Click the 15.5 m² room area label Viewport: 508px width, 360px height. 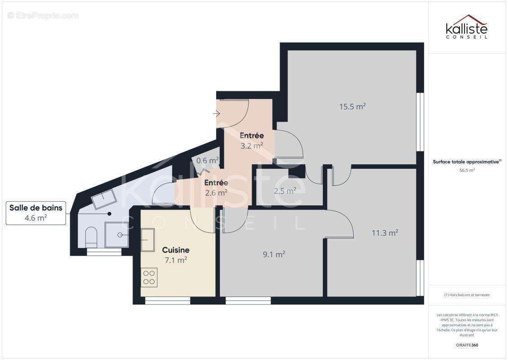coord(352,107)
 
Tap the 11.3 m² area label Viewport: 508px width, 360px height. coord(384,233)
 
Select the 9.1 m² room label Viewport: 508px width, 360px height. coord(274,254)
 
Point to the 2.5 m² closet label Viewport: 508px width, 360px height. coord(285,191)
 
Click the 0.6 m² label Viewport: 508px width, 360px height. coord(207,160)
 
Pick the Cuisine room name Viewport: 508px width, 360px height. coord(176,250)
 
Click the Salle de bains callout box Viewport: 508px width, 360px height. coord(36,213)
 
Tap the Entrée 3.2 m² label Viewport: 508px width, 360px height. coord(251,140)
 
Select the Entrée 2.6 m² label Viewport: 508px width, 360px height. coord(216,187)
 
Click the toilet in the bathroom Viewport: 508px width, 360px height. coord(91,236)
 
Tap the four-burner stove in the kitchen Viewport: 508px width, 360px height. coord(149,277)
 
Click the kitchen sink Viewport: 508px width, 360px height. coord(148,239)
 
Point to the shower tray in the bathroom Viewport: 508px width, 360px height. coord(116,234)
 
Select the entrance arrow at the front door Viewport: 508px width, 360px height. coord(216,114)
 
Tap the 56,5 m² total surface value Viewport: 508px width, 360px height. coord(467,171)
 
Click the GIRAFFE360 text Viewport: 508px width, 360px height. coord(467,345)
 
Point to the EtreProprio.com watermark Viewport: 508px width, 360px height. coord(43,15)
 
